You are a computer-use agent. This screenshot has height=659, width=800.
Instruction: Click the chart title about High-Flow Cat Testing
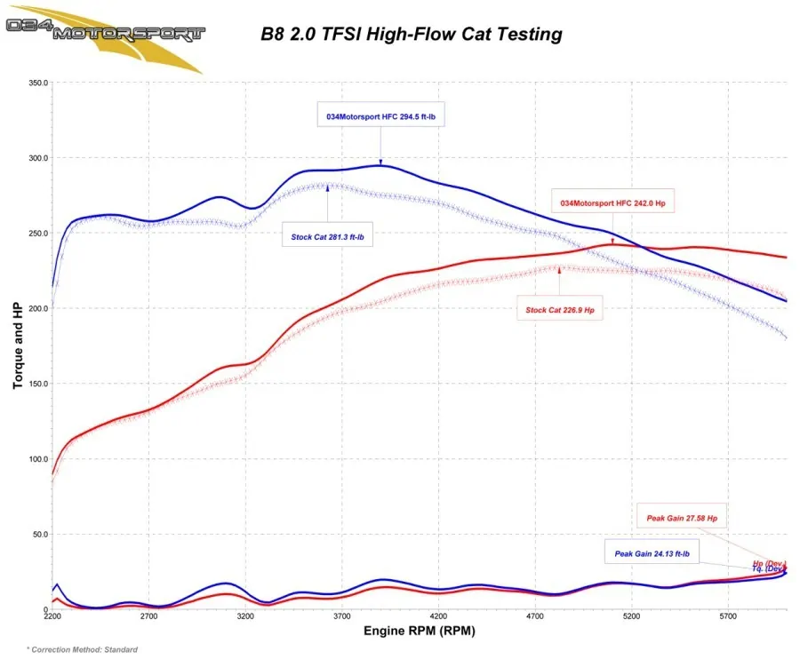click(x=412, y=35)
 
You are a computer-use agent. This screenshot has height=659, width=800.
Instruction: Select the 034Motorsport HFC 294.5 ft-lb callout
click(x=380, y=116)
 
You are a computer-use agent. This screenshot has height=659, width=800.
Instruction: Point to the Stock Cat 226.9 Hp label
click(x=560, y=310)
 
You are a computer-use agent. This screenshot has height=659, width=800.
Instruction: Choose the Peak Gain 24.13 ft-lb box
click(x=652, y=553)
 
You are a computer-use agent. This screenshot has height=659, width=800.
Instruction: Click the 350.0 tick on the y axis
click(x=36, y=83)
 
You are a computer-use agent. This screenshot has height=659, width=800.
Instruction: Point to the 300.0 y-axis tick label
click(x=36, y=158)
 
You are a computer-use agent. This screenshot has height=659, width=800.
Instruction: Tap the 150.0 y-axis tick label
click(x=36, y=385)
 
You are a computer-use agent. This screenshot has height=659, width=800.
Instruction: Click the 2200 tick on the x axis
click(x=52, y=615)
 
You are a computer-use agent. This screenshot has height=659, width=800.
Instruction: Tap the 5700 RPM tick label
click(x=728, y=615)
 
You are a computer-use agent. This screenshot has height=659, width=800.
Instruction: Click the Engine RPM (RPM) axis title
click(x=419, y=631)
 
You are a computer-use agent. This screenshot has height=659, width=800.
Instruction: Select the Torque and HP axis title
click(x=17, y=345)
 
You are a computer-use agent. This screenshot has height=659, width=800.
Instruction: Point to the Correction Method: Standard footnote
click(x=82, y=650)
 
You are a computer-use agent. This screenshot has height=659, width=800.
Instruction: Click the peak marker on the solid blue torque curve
click(x=381, y=164)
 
